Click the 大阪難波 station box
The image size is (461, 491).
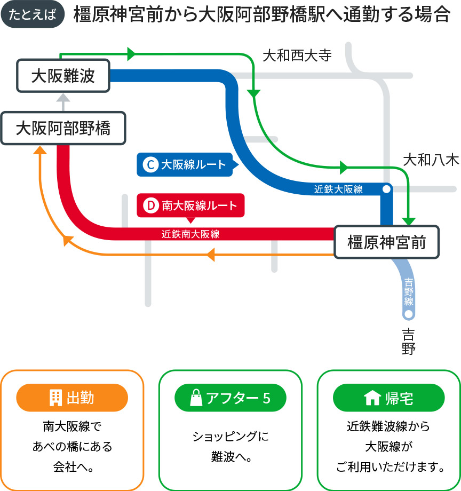(63, 76)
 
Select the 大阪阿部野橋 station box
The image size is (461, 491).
(63, 128)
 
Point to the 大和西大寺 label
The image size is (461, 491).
(297, 56)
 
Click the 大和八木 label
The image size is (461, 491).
(431, 160)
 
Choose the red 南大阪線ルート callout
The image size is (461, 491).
(190, 205)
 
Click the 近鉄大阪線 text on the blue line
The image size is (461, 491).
(338, 189)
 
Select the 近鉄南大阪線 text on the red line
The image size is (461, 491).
(190, 233)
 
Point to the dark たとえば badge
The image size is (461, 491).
(33, 14)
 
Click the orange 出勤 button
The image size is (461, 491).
(72, 398)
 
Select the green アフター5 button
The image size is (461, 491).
(230, 398)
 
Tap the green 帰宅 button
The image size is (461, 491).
(388, 398)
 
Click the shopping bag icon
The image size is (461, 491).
(196, 398)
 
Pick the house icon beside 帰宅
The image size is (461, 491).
(371, 398)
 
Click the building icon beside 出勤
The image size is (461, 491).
(55, 398)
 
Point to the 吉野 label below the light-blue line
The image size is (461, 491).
(409, 342)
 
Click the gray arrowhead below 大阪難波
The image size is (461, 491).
(63, 98)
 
